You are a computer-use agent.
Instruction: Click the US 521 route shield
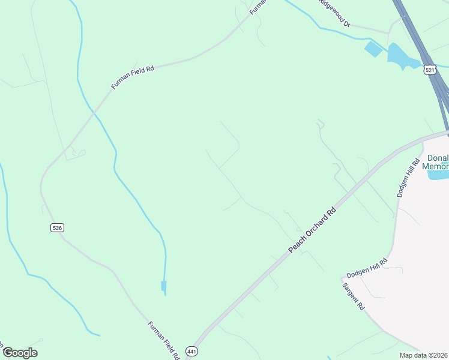point(429,70)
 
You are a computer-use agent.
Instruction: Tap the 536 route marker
point(57,227)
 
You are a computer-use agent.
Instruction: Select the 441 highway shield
point(191,351)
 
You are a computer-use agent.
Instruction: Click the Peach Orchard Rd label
point(312,230)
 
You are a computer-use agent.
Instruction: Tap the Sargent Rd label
point(354,295)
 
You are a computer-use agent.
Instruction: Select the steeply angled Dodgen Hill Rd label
point(408,178)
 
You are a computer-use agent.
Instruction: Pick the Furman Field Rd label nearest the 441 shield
point(164,340)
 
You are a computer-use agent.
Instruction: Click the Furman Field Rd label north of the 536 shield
point(133,77)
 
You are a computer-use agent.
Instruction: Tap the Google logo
point(20,353)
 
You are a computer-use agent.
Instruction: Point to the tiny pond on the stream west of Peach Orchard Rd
point(163,287)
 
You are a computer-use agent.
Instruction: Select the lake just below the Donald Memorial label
point(438,175)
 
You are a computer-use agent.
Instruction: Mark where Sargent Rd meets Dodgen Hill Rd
point(342,278)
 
